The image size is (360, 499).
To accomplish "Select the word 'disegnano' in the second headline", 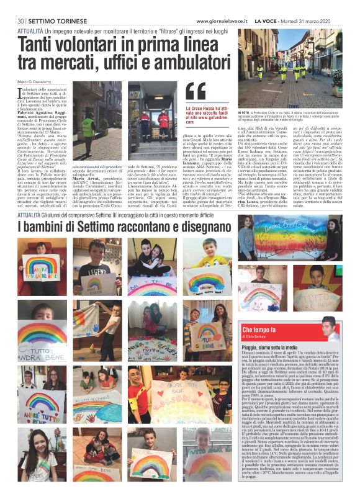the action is click(x=190, y=225).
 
